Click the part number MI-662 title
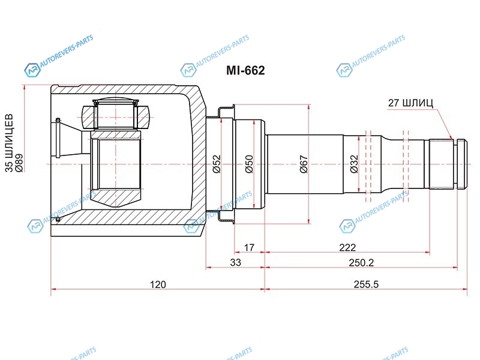[245, 70]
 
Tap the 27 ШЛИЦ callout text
[410, 103]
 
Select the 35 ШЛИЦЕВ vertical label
[10, 143]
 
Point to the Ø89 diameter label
[19, 163]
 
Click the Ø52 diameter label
[217, 164]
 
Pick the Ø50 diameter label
[249, 164]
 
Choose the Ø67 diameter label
[304, 164]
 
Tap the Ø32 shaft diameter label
[353, 164]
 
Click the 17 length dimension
[249, 247]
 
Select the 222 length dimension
[347, 247]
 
